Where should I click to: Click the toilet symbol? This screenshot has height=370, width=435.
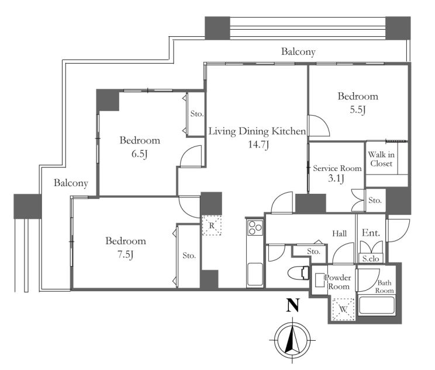pyautogui.click(x=299, y=273)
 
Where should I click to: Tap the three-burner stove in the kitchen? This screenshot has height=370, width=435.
pyautogui.click(x=255, y=228)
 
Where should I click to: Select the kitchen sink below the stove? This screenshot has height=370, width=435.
pyautogui.click(x=255, y=274)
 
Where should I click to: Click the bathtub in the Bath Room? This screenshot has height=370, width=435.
pyautogui.click(x=377, y=306)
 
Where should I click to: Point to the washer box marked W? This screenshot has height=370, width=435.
pyautogui.click(x=343, y=309)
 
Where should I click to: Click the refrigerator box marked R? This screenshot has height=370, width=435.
pyautogui.click(x=212, y=225)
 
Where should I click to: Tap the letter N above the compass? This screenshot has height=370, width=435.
pyautogui.click(x=293, y=305)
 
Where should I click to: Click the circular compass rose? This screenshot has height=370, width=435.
pyautogui.click(x=292, y=340)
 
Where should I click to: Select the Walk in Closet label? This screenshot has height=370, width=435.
pyautogui.click(x=381, y=159)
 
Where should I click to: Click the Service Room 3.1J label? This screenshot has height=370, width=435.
pyautogui.click(x=337, y=173)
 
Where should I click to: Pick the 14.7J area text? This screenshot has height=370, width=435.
pyautogui.click(x=258, y=145)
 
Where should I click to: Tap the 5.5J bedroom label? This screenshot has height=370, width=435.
pyautogui.click(x=358, y=110)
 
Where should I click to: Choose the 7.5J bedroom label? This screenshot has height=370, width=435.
pyautogui.click(x=126, y=254)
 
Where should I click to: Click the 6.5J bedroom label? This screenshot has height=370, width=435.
pyautogui.click(x=139, y=154)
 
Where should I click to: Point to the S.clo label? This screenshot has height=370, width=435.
pyautogui.click(x=371, y=259)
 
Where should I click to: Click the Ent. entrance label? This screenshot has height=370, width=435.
pyautogui.click(x=371, y=233)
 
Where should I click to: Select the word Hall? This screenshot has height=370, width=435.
pyautogui.click(x=340, y=234)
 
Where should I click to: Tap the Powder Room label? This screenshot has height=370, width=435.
pyautogui.click(x=338, y=282)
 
